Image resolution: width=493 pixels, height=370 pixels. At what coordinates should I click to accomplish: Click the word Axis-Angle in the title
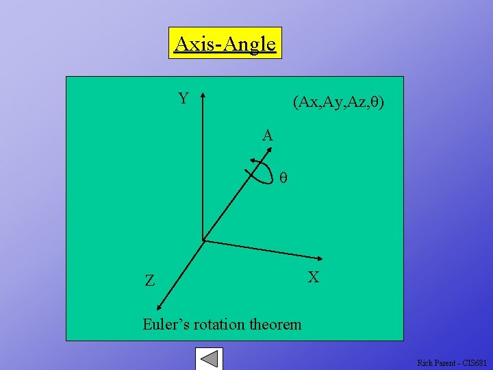click(225, 45)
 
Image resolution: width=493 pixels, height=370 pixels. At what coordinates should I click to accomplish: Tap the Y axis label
click(184, 99)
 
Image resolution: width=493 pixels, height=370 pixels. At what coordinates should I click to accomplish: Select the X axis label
click(314, 277)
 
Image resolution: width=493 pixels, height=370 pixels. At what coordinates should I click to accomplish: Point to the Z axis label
click(149, 280)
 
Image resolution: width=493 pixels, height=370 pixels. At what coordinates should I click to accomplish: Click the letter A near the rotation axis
click(268, 136)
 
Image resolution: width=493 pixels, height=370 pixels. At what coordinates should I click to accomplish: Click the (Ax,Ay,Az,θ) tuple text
click(338, 103)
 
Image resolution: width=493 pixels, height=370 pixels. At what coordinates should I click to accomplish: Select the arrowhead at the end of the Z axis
click(158, 309)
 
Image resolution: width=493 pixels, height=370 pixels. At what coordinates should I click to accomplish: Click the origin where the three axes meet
click(203, 240)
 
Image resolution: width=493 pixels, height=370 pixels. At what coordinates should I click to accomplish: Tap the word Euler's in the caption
click(165, 324)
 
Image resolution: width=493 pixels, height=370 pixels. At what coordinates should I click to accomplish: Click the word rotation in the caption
click(220, 324)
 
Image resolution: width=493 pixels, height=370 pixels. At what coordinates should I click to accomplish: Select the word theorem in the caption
click(276, 324)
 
